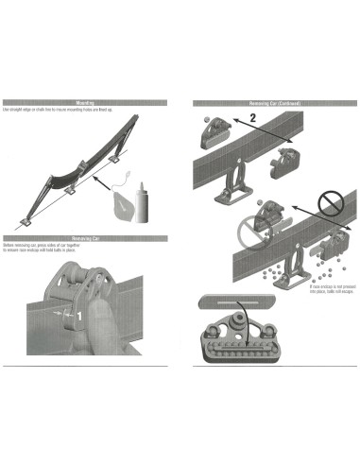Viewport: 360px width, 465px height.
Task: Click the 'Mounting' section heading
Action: pyautogui.click(x=87, y=102)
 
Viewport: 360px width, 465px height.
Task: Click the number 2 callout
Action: pyautogui.click(x=252, y=119)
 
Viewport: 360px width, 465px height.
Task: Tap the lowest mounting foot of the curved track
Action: pyautogui.click(x=23, y=222)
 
